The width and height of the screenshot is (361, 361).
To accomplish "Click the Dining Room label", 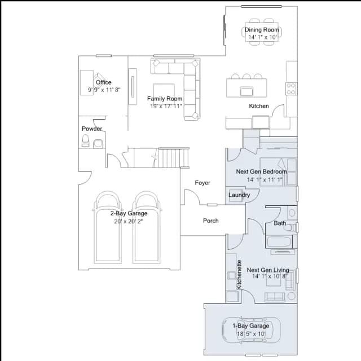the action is (x=262, y=30).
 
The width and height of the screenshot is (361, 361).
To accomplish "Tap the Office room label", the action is (x=104, y=82).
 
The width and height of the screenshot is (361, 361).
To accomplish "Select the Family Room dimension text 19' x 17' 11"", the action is (x=166, y=106).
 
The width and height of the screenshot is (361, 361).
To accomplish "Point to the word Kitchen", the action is (x=259, y=106).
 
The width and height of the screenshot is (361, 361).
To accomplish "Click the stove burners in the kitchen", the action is (x=291, y=89).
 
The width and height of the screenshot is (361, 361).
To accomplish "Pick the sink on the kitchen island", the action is (x=246, y=91).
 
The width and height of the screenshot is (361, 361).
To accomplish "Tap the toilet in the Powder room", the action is (x=85, y=140).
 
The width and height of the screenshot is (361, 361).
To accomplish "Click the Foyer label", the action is (x=202, y=183).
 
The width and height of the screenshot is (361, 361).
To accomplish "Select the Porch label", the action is (x=210, y=221).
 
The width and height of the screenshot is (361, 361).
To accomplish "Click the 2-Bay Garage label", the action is (x=129, y=213).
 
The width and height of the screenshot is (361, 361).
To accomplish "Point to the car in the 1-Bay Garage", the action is (x=251, y=329).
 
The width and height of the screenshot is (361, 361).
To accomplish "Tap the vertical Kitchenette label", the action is (x=239, y=275).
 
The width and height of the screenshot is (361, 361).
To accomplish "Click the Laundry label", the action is (x=239, y=195).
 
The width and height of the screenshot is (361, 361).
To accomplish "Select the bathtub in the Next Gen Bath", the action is (x=279, y=242).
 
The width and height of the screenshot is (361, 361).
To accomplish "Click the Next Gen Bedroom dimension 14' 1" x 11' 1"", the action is (x=265, y=179).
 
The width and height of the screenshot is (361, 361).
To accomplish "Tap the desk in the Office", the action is (x=86, y=83).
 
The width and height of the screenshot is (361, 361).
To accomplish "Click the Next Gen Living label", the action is (x=268, y=270).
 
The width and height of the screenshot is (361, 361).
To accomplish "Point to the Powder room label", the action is (x=92, y=129).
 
